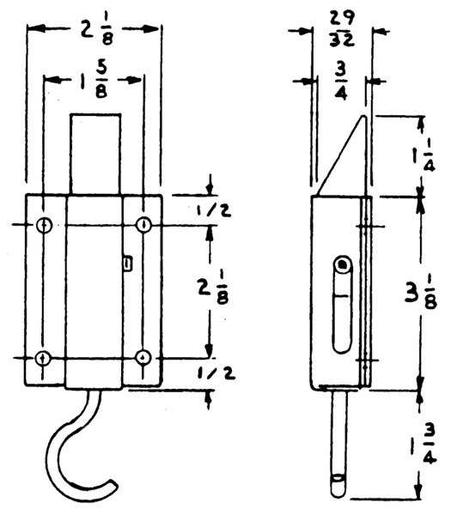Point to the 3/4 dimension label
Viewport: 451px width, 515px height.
click(342, 84)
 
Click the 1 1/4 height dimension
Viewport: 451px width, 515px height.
click(424, 155)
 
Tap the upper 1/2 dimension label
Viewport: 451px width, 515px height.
click(214, 211)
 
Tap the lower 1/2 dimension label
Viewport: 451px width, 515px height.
click(216, 373)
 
